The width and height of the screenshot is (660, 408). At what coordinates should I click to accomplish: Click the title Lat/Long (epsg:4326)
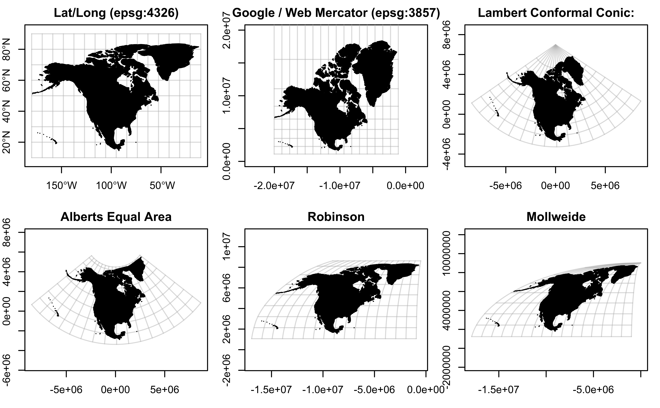click(116, 13)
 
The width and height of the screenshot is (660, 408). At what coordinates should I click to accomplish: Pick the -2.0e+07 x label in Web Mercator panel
click(274, 186)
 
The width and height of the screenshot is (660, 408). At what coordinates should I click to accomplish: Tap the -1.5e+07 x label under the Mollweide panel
click(498, 390)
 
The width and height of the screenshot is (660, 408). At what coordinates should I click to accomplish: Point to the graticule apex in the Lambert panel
click(556, 45)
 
